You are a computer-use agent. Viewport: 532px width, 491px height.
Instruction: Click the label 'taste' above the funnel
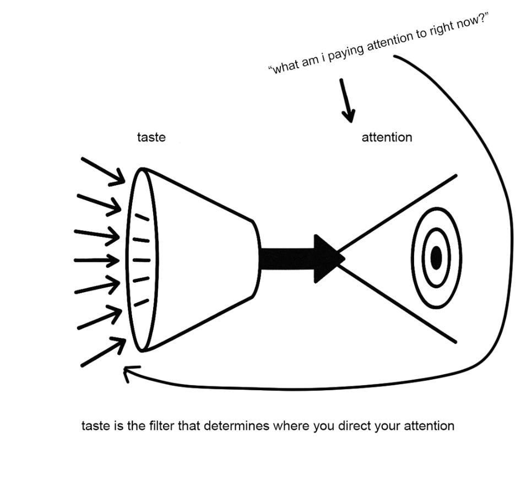point(151,137)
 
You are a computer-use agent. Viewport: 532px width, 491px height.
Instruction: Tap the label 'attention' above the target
point(386,137)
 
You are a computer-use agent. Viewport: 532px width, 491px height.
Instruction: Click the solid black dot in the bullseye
point(436,258)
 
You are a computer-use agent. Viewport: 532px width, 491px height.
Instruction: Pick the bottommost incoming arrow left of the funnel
point(103,353)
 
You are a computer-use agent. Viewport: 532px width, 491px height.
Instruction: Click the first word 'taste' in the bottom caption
point(95,426)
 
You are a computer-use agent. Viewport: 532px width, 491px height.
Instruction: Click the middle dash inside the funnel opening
point(141,259)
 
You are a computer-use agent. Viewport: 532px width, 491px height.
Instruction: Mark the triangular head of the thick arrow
point(328,258)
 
